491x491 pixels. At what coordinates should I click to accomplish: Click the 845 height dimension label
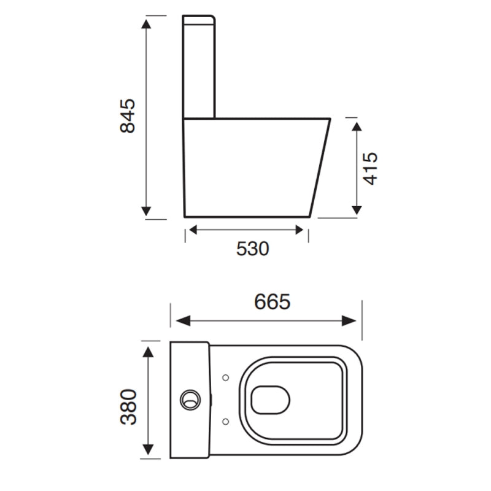click(128, 115)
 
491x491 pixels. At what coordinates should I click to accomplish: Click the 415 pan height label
click(370, 168)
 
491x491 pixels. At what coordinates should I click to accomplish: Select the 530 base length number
click(253, 249)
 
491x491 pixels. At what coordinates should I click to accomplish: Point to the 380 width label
click(128, 406)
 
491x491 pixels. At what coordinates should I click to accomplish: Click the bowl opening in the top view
click(271, 399)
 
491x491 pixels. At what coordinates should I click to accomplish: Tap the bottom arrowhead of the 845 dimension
click(146, 212)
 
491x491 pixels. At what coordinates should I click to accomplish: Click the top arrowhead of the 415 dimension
click(355, 125)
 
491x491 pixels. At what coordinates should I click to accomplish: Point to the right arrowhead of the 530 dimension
click(300, 230)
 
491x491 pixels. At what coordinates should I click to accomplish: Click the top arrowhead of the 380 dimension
click(148, 350)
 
